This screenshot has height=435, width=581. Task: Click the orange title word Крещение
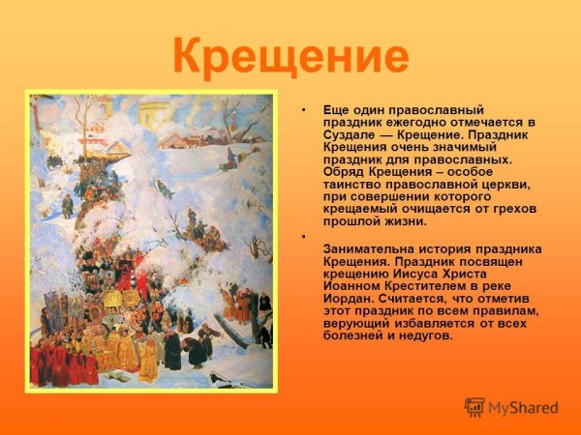[290, 55]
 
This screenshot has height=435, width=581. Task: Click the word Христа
[501, 274]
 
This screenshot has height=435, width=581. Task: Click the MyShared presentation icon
[474, 407]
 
